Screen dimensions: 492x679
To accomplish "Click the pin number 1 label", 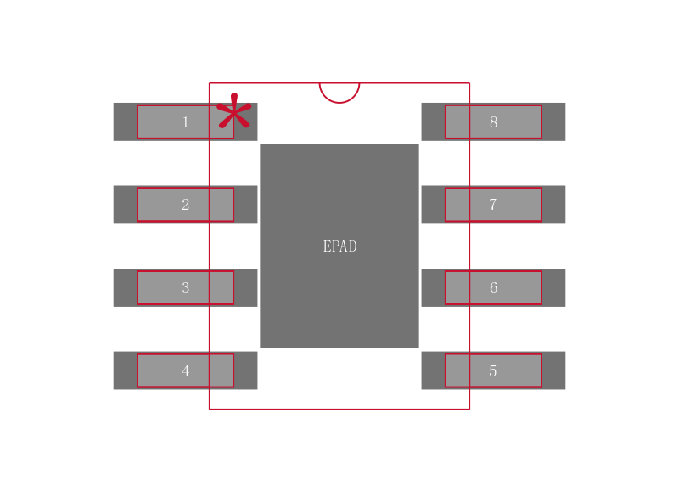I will click(x=185, y=122).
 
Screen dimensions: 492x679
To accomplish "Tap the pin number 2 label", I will click(x=185, y=205).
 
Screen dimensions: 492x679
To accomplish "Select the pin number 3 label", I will click(x=185, y=288).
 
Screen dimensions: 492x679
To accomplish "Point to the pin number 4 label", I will click(x=185, y=371).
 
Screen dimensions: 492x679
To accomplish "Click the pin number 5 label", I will click(x=493, y=371).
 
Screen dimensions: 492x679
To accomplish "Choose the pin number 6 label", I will click(x=493, y=288).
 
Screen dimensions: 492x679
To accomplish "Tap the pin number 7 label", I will click(x=493, y=205).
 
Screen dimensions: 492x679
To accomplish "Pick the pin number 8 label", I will click(x=493, y=122).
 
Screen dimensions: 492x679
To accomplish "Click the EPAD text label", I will click(x=339, y=246).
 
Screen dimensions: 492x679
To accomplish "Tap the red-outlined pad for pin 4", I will click(x=161, y=371).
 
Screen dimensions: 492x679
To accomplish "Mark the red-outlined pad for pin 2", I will click(x=161, y=205).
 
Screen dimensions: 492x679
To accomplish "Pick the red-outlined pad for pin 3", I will click(x=161, y=288).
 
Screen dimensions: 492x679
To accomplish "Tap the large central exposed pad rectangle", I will click(x=339, y=297).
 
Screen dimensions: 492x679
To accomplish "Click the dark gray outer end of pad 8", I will click(x=553, y=122).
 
